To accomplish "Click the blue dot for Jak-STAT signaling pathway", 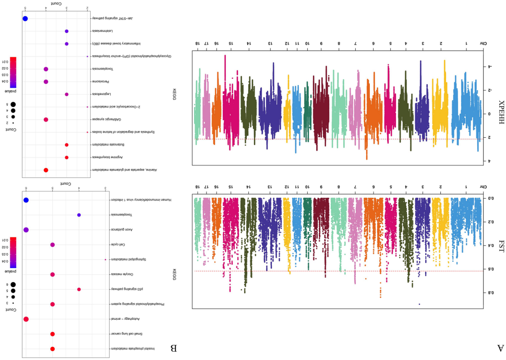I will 25,19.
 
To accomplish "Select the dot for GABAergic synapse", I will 46,119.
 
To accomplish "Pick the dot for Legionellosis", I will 67,94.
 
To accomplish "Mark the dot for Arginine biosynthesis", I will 67,157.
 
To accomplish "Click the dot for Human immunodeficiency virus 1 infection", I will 26,200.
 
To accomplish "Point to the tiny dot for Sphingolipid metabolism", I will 105,259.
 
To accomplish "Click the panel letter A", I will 500,347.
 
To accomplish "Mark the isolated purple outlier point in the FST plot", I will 419,304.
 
